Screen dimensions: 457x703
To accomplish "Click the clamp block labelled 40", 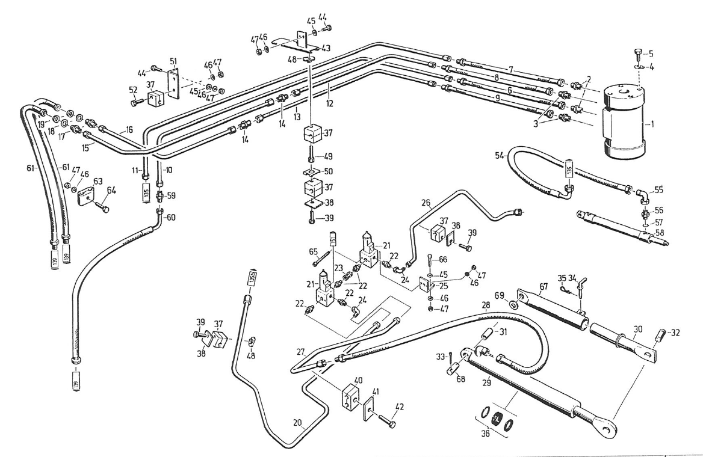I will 349,393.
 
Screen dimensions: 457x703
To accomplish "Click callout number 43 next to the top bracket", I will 326,48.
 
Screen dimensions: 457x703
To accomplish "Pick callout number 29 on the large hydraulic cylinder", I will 486,380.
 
